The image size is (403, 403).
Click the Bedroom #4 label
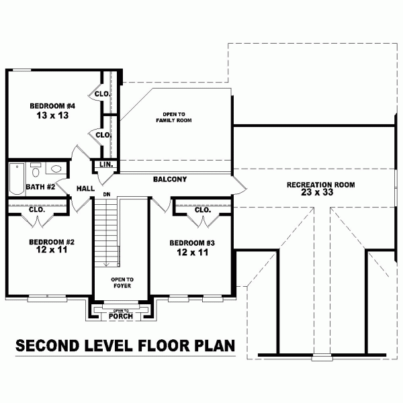pyautogui.click(x=52, y=106)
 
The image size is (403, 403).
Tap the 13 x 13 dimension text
pyautogui.click(x=52, y=116)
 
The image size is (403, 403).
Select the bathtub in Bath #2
pyautogui.click(x=17, y=179)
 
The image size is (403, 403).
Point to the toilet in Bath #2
pyautogui.click(x=36, y=171)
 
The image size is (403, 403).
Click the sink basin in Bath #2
pyautogui.click(x=56, y=169)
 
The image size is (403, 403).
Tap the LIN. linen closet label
pyautogui.click(x=106, y=165)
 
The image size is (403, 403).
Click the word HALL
pyautogui.click(x=85, y=189)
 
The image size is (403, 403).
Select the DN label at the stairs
pyautogui.click(x=107, y=195)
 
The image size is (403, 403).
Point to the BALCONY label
pyautogui.click(x=170, y=179)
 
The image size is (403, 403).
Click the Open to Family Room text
pyautogui.click(x=174, y=117)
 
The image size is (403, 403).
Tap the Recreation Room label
pyautogui.click(x=321, y=185)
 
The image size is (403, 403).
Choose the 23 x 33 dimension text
pyautogui.click(x=317, y=192)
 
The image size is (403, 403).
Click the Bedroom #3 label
pyautogui.click(x=192, y=243)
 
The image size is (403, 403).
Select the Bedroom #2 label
pyautogui.click(x=52, y=242)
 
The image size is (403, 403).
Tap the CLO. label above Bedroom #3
pyautogui.click(x=203, y=210)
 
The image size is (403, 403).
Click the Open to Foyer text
pyautogui.click(x=122, y=283)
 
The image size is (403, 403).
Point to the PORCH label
pyautogui.click(x=121, y=316)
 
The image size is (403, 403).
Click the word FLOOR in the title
pyautogui.click(x=165, y=345)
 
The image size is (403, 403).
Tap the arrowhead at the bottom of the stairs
pyautogui.click(x=106, y=265)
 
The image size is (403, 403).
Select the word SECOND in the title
pyautogui.click(x=47, y=345)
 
